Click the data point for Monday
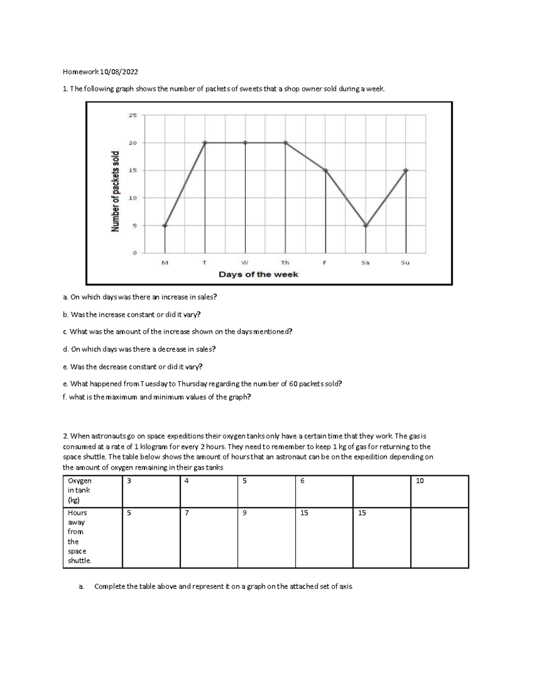(165, 225)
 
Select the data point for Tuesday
(205, 143)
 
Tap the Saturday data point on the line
(366, 225)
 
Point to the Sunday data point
(406, 170)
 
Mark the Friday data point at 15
(326, 170)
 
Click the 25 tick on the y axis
(133, 115)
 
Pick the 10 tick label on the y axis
(133, 198)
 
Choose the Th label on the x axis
(285, 263)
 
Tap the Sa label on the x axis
(365, 263)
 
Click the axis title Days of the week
(258, 274)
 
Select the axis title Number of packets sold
(116, 192)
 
